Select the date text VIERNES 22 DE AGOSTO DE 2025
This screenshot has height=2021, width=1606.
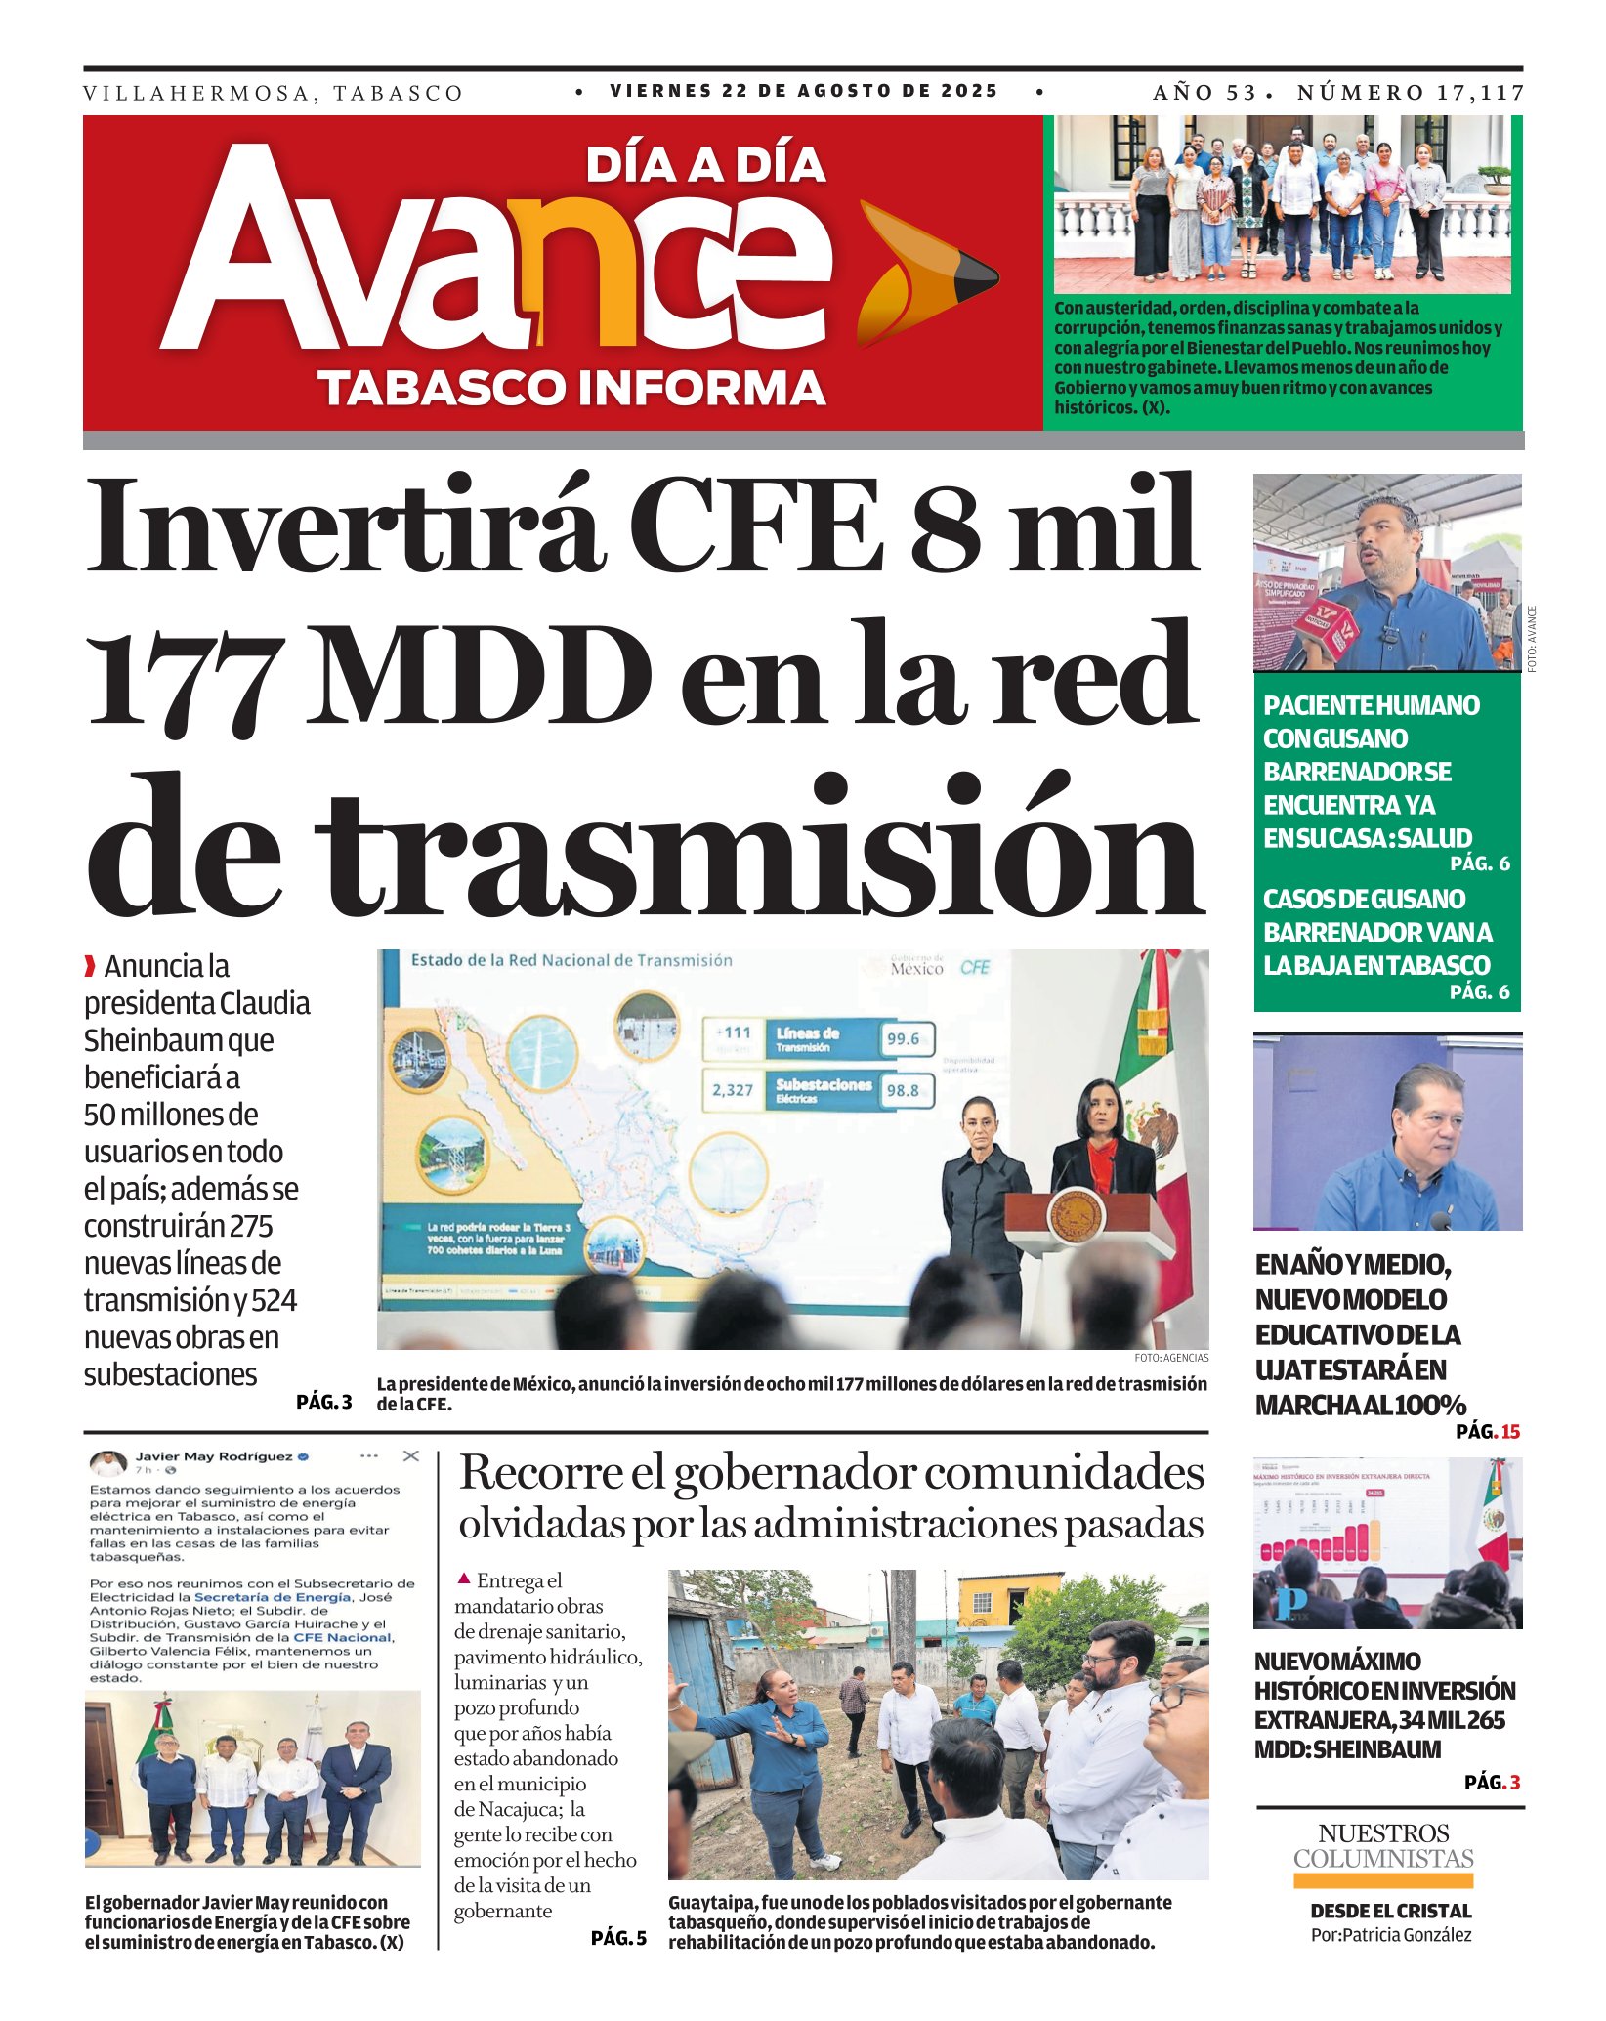(x=803, y=91)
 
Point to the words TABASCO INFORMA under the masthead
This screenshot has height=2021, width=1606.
(x=572, y=388)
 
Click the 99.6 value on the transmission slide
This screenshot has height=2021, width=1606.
(x=903, y=1039)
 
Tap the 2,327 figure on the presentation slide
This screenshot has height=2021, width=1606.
(x=733, y=1090)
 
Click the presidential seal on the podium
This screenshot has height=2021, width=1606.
(x=1075, y=1216)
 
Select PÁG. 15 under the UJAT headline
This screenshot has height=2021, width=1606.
(x=1488, y=1432)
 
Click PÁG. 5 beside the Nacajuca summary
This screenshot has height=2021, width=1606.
(x=618, y=1938)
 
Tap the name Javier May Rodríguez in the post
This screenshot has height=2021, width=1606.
(x=213, y=1456)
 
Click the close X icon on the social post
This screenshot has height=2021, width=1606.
(x=411, y=1456)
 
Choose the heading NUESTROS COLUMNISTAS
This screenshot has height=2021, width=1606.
(x=1383, y=1845)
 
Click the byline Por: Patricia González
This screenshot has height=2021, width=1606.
(x=1390, y=1935)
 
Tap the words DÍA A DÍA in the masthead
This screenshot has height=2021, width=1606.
(x=705, y=166)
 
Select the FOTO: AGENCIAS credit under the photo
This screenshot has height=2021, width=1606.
(x=1171, y=1358)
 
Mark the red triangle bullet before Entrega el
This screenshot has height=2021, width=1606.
(x=464, y=1579)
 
